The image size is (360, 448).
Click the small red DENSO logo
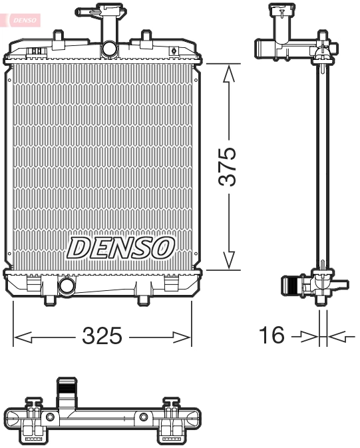pos(24,21)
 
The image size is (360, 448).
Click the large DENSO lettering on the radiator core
pos(120,248)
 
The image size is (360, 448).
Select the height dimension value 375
pos(228,167)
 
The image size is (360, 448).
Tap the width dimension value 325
pos(102,337)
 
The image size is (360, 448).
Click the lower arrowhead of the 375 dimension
pos(230,261)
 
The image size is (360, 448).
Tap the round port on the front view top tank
pos(108,49)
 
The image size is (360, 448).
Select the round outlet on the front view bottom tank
pos(67,287)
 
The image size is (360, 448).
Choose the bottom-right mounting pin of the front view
pos(142,300)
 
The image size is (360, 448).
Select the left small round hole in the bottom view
pos(50,417)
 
